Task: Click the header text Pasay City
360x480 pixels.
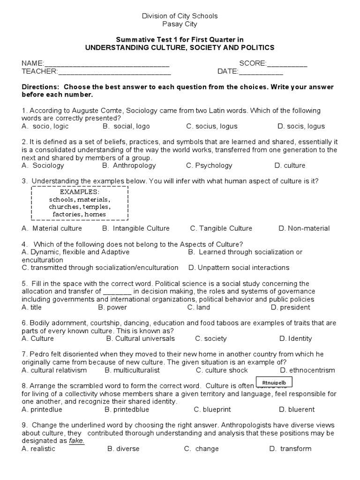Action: (x=180, y=24)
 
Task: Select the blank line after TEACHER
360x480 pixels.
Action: (x=114, y=72)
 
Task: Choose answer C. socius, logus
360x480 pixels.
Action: (x=212, y=126)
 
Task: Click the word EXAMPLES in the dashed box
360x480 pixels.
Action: (x=79, y=192)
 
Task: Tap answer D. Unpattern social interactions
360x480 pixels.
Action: (x=239, y=268)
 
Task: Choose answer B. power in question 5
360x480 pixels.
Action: (x=112, y=307)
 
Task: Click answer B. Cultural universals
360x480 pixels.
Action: (x=141, y=338)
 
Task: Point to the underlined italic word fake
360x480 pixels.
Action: (x=77, y=441)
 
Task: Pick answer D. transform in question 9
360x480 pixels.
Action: (x=291, y=449)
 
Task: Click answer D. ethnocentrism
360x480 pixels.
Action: (x=307, y=370)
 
